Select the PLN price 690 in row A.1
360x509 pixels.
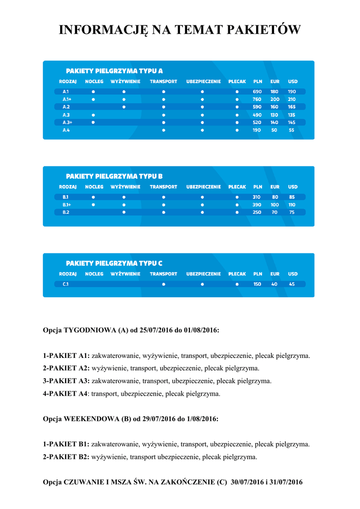(257, 91)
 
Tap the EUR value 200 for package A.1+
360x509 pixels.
(274, 99)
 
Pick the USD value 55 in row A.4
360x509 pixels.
(291, 130)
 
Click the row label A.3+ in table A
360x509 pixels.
(67, 122)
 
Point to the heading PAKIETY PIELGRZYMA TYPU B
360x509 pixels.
(114, 176)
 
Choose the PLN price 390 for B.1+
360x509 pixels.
(257, 205)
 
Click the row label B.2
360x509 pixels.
(66, 212)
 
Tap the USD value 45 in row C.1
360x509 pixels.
(291, 284)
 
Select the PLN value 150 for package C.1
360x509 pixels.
(257, 284)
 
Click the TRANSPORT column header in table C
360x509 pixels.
(164, 274)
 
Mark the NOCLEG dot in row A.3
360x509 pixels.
(93, 115)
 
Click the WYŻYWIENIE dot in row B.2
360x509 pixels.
(124, 212)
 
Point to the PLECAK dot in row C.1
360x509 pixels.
(237, 284)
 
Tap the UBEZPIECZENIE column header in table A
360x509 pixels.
(203, 82)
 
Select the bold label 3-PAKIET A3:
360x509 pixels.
(66, 381)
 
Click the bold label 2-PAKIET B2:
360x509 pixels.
(66, 457)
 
